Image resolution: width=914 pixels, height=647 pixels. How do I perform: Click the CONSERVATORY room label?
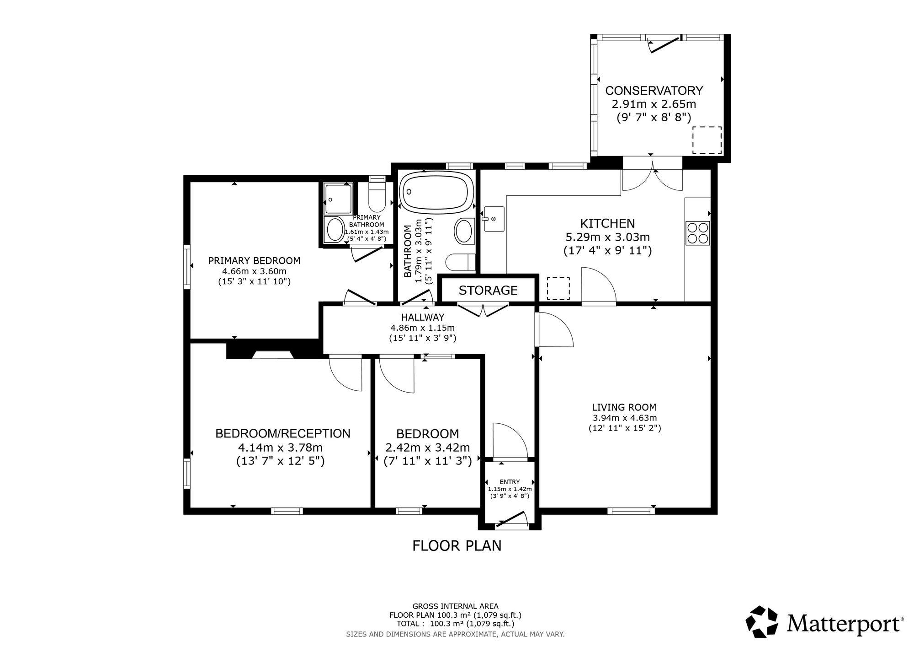(654, 90)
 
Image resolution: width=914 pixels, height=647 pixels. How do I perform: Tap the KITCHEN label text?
(607, 223)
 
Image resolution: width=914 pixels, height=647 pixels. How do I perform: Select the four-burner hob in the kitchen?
(697, 232)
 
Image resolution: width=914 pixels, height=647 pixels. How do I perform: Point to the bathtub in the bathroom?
(435, 192)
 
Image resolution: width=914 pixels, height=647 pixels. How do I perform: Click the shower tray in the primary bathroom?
(338, 199)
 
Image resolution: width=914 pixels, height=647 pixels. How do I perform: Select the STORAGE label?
(488, 290)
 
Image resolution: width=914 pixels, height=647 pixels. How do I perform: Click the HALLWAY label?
(423, 317)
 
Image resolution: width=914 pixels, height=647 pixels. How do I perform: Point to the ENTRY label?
(510, 481)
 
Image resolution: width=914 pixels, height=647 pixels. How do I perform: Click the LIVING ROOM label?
(624, 407)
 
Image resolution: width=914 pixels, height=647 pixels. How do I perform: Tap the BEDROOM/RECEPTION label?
(283, 433)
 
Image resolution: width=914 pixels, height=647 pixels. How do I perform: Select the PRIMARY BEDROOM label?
(254, 261)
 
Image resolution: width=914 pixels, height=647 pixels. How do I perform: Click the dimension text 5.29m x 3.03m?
(607, 237)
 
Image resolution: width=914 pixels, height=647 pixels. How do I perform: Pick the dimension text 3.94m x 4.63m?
(624, 418)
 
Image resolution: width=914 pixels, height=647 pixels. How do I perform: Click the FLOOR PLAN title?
(457, 546)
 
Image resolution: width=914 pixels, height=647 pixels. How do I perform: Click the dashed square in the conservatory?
(707, 140)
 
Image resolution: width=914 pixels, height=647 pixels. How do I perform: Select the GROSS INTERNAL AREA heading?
(455, 606)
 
